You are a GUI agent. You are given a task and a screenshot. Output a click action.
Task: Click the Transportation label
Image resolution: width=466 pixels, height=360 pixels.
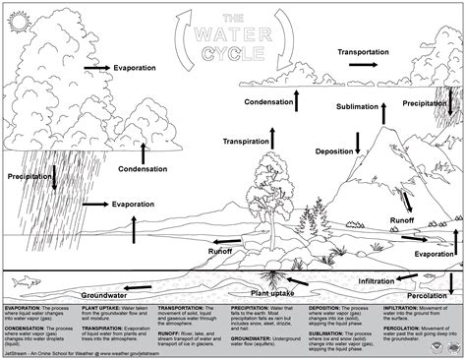click(x=374, y=50)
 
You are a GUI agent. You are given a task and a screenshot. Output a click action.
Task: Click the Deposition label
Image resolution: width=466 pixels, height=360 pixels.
click(x=333, y=151)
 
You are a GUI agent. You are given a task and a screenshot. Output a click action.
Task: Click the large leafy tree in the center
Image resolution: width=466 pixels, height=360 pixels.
click(x=269, y=182)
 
